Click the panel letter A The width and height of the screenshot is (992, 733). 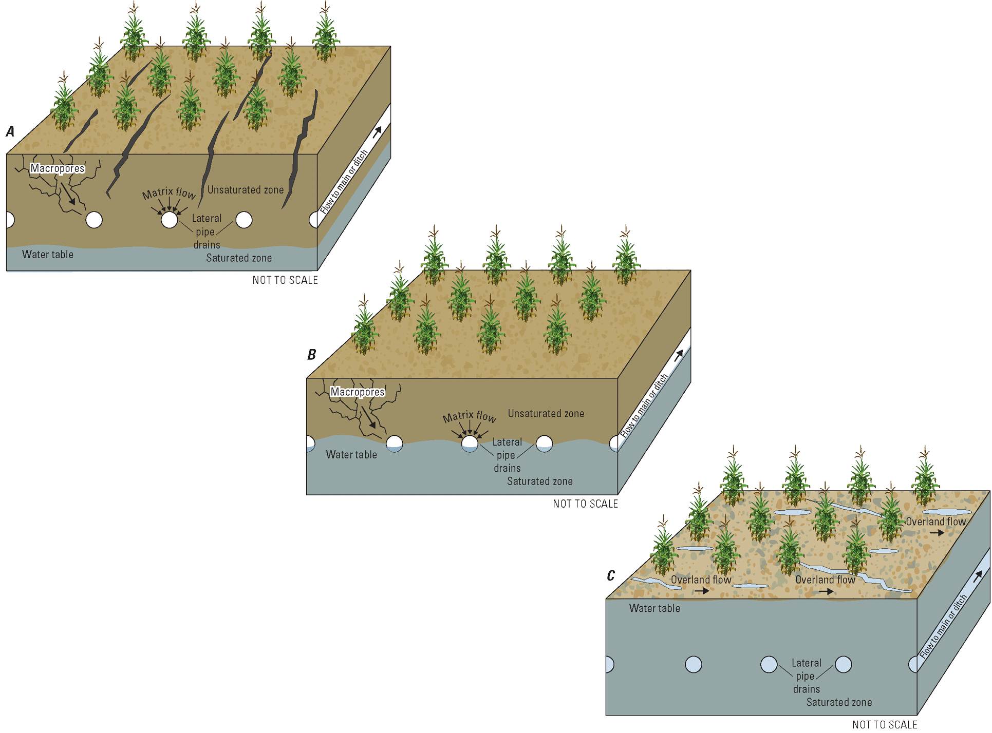click(x=10, y=131)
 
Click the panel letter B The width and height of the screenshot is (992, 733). click(x=311, y=355)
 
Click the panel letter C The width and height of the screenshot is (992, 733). click(x=610, y=575)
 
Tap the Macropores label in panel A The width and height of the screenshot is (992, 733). click(x=58, y=168)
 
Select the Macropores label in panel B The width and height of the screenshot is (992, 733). click(x=358, y=392)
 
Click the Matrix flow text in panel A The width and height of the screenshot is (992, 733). click(x=169, y=193)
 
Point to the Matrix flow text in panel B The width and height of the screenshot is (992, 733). click(x=469, y=416)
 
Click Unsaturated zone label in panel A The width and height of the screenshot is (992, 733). click(x=246, y=190)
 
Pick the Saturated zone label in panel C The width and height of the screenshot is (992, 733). click(x=839, y=702)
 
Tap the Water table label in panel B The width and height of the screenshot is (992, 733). click(x=351, y=455)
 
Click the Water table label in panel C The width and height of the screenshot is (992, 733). click(x=654, y=608)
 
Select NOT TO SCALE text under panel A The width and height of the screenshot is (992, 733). click(x=285, y=280)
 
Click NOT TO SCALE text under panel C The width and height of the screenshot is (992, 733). click(x=885, y=725)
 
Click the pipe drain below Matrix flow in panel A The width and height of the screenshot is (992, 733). click(x=169, y=220)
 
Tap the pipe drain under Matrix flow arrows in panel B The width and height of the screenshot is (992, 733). click(x=470, y=443)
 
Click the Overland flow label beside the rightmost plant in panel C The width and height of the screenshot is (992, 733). click(x=935, y=522)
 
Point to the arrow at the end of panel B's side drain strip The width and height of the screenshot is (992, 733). click(x=679, y=355)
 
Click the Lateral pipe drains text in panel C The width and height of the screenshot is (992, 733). click(x=806, y=676)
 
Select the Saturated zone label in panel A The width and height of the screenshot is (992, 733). click(x=239, y=258)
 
